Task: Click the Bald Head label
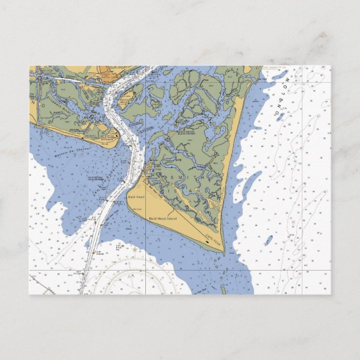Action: tap(136, 197)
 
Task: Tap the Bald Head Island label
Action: tap(163, 218)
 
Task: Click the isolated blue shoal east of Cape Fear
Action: tap(269, 241)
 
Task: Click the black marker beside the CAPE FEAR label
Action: tap(215, 244)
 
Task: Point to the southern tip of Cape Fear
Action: tap(224, 254)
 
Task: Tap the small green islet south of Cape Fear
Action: tap(224, 290)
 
